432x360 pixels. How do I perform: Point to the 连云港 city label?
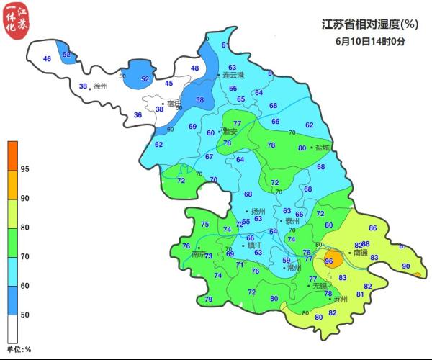pyautogui.click(x=233, y=75)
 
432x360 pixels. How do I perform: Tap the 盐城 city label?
pyautogui.click(x=323, y=148)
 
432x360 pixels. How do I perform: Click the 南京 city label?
pyautogui.click(x=198, y=253)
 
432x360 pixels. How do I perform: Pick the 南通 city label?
pyautogui.click(x=360, y=253)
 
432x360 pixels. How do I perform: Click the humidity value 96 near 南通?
pyautogui.click(x=329, y=261)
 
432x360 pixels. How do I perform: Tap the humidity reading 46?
pyautogui.click(x=48, y=58)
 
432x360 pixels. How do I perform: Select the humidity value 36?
pyautogui.click(x=138, y=115)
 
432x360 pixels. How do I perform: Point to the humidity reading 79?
pyautogui.click(x=209, y=300)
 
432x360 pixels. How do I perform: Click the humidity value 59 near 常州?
pyautogui.click(x=286, y=261)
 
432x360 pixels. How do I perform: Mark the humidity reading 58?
pyautogui.click(x=200, y=100)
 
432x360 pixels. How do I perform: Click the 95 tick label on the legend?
pyautogui.click(x=25, y=169)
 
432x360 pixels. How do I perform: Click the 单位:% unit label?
pyautogui.click(x=19, y=349)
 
